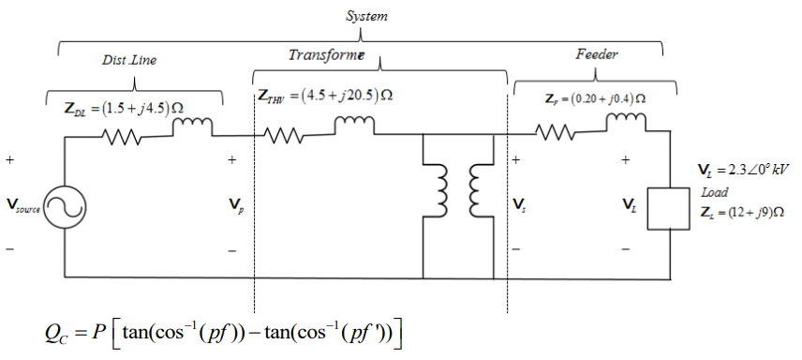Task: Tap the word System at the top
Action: (366, 17)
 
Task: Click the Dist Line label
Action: (129, 60)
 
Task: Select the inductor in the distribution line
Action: (194, 126)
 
